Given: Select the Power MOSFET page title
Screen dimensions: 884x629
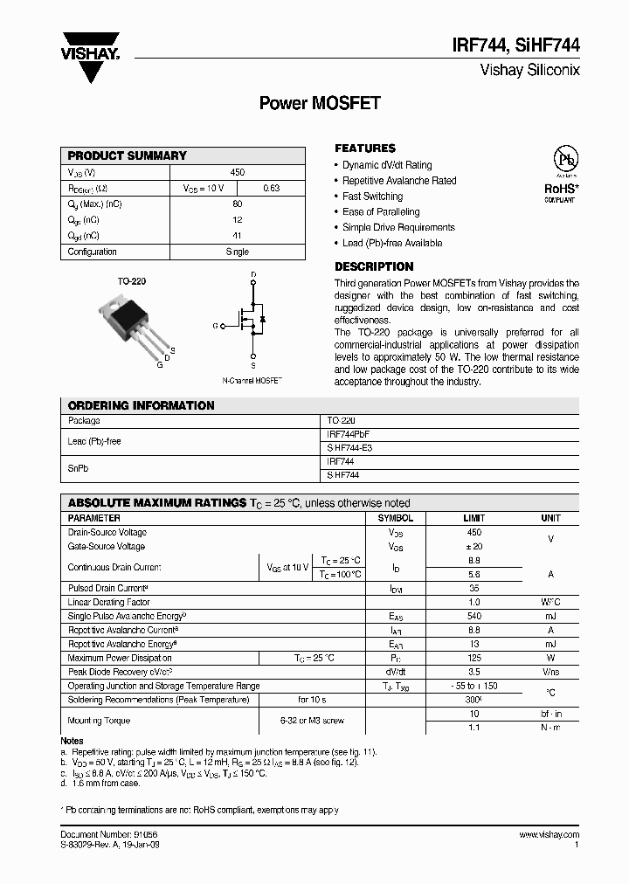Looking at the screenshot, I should coord(320,103).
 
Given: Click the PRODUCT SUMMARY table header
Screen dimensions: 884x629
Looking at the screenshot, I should coord(128,155).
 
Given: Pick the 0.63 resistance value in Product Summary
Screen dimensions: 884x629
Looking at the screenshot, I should coord(271,188).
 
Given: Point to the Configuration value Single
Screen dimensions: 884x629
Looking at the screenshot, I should coord(237,252).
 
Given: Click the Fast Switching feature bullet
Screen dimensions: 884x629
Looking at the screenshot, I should coord(372,197).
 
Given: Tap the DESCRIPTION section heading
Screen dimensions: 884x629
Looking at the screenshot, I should coord(374,266).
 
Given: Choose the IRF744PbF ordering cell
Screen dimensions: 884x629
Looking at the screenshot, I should coord(354,433).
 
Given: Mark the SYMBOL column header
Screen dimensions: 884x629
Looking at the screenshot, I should coord(395,518).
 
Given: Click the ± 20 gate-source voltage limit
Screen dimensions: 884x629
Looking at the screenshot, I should coord(473,546).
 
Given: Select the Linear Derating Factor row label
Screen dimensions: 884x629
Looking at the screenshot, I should coord(109,602).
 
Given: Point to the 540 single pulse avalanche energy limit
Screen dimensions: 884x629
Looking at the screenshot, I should coord(473,616).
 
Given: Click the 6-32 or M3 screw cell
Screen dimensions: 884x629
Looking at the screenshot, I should coord(312,721).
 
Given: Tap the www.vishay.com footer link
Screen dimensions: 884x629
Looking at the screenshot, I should coord(548,835).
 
